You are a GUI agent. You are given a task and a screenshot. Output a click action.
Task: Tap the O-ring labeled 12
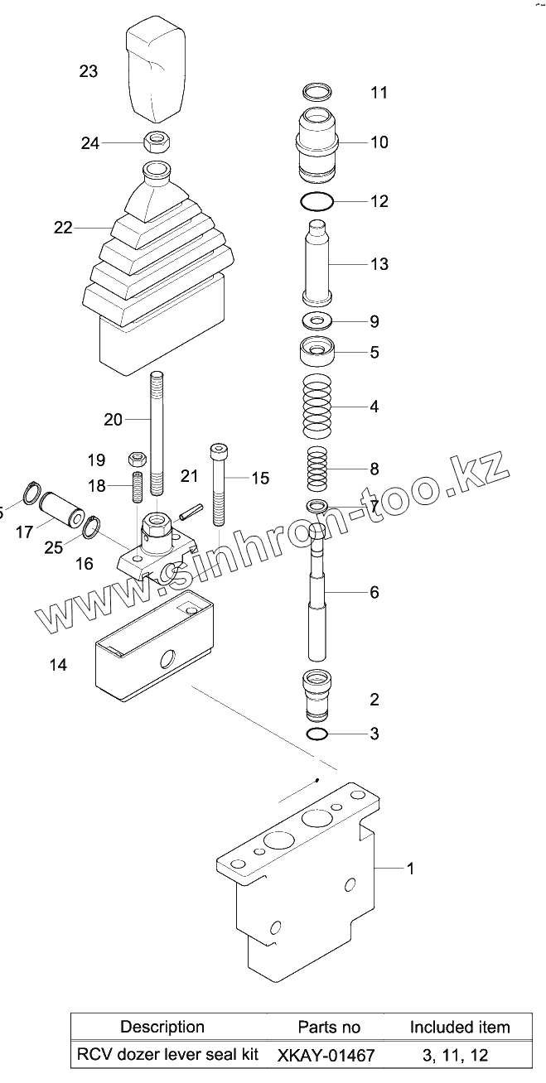[x=317, y=201]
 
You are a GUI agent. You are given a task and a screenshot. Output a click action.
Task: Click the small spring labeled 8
[x=318, y=469]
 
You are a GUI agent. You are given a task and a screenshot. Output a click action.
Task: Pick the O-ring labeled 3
[x=317, y=734]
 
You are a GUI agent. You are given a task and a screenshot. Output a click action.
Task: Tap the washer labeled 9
[x=317, y=320]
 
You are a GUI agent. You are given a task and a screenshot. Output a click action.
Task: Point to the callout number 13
[x=379, y=265]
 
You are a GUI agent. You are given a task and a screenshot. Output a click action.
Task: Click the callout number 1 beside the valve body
[x=411, y=868]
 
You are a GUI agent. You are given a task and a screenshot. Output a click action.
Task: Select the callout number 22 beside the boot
[x=64, y=228]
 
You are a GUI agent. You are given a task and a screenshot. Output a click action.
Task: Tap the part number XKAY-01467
[x=326, y=1056]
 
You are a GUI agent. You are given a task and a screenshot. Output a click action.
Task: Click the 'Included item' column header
[x=460, y=1027]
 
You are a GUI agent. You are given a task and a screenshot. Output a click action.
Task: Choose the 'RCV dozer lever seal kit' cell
[x=167, y=1055]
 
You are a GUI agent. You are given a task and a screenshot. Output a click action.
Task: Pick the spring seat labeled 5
[x=317, y=353]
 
